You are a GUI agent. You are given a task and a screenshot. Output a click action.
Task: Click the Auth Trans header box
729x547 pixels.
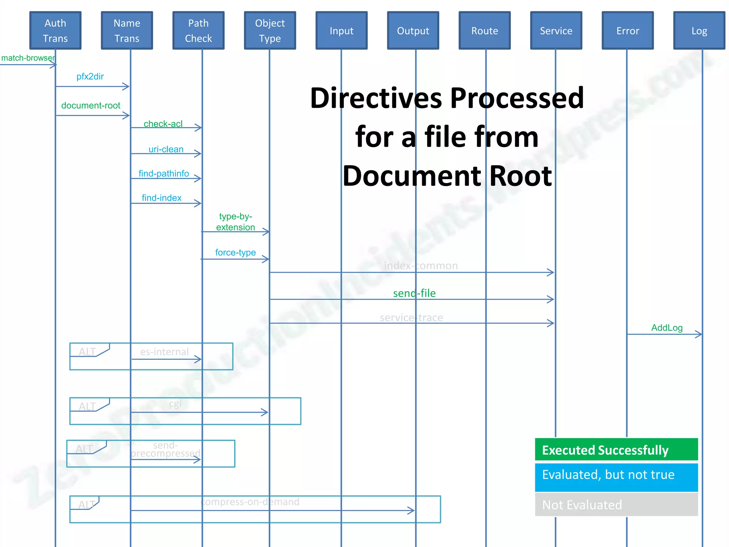(56, 31)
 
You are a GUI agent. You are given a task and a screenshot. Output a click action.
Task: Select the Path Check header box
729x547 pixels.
(198, 31)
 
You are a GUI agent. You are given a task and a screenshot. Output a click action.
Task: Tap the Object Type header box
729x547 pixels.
(270, 31)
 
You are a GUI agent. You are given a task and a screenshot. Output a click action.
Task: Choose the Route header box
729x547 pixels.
(484, 31)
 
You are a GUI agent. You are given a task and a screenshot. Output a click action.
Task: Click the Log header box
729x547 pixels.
(699, 31)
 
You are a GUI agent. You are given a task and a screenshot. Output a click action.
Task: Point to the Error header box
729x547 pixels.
(628, 31)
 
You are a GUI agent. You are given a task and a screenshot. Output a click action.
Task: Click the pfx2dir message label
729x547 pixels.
(90, 77)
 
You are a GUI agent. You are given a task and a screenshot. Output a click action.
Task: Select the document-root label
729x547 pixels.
(91, 105)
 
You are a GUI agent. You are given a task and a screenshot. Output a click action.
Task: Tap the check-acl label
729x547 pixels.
(163, 124)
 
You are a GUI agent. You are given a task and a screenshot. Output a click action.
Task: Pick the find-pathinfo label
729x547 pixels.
(164, 173)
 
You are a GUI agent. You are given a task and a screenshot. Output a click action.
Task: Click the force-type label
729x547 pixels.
(235, 252)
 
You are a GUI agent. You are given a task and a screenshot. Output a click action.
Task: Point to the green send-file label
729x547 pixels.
(414, 293)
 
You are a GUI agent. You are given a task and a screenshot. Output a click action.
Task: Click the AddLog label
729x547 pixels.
(667, 328)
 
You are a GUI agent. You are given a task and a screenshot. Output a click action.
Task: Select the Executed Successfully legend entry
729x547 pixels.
(616, 450)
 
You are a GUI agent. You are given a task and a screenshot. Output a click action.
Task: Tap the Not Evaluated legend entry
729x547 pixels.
(616, 505)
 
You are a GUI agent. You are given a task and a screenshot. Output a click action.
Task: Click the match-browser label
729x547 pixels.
(28, 58)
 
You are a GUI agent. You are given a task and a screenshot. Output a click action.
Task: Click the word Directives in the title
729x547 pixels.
(377, 98)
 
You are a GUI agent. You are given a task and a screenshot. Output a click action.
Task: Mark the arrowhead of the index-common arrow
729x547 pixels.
(551, 272)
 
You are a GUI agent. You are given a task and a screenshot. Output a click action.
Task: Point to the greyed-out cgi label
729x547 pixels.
(175, 403)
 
